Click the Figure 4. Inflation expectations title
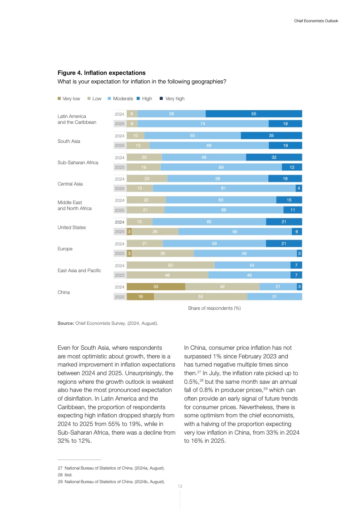[101, 73]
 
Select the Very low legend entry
[69, 98]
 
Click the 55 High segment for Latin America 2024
[254, 114]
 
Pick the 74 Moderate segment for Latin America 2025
[203, 123]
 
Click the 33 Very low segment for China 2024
[156, 287]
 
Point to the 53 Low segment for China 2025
[201, 297]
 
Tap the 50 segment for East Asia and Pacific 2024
[171, 265]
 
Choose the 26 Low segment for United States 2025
[155, 232]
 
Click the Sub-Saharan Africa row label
[78, 162]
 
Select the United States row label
[71, 227]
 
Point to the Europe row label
[65, 249]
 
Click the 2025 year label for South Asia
[119, 146]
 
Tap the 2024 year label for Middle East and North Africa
[119, 200]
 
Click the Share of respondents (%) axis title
[214, 308]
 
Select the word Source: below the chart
[65, 323]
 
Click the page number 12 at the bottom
[180, 486]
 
